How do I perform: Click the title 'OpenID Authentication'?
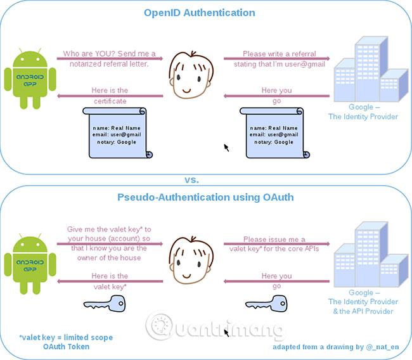coord(199,12)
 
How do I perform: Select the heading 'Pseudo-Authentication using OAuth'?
coord(205,197)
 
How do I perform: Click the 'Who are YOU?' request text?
coord(110,58)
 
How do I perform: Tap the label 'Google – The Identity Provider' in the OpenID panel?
coord(363,112)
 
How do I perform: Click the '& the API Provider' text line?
coord(363,311)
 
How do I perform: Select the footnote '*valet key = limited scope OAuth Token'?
coord(65,342)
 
